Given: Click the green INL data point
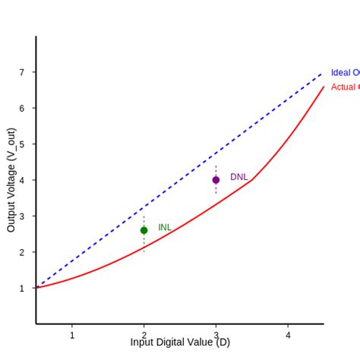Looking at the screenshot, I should tap(144, 230).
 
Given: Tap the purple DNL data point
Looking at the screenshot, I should tap(216, 180).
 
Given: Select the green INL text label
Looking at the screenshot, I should tap(165, 227).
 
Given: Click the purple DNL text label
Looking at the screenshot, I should tap(238, 177).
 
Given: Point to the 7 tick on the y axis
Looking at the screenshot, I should tap(23, 72).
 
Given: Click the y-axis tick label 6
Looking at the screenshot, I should tap(23, 108).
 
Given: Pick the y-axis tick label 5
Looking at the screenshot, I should tap(23, 144).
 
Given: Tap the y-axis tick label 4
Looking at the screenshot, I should tap(23, 180).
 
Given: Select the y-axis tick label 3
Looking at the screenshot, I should tap(23, 216).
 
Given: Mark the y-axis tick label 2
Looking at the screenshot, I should tap(23, 252).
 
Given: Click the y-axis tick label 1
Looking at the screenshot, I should tap(23, 288).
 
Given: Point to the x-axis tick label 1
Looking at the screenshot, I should tap(72, 335).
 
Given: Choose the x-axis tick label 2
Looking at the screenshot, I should tap(144, 335).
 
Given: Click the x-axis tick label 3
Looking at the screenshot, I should tap(216, 335).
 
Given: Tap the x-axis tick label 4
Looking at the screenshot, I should tap(288, 335).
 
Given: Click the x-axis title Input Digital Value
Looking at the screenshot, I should tap(180, 343).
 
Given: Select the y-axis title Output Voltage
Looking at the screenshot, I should tap(11, 180).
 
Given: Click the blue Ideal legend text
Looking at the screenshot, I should tap(345, 73).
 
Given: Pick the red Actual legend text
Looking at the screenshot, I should tap(345, 87).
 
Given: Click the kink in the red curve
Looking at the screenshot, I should tap(251, 179).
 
